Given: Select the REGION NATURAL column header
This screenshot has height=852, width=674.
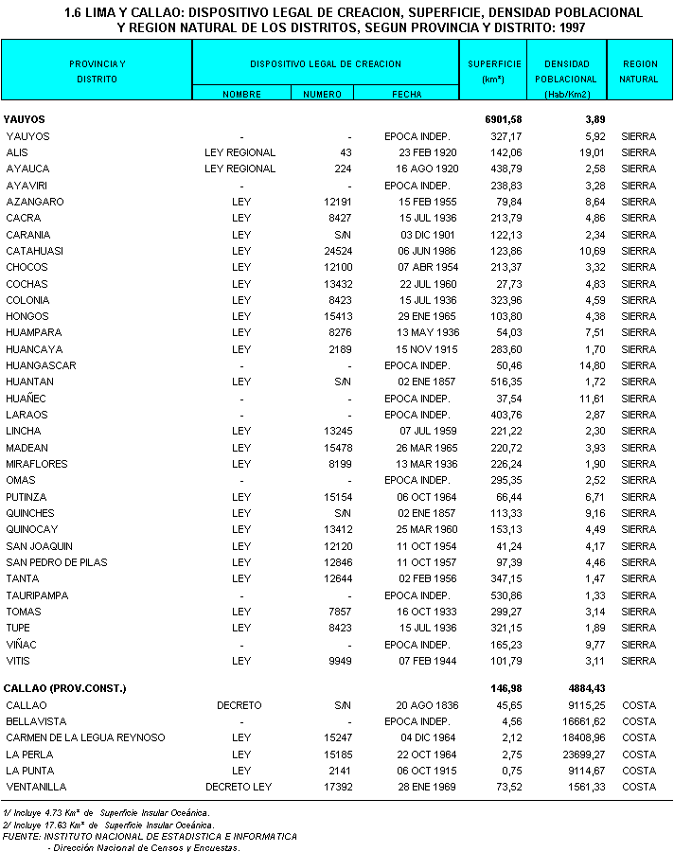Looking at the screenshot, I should pyautogui.click(x=639, y=71).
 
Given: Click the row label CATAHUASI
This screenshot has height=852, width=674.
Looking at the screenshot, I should pyautogui.click(x=34, y=251).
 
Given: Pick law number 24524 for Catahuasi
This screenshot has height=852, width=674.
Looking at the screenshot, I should pyautogui.click(x=336, y=251).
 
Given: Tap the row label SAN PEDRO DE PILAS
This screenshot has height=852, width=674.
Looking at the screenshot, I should pyautogui.click(x=57, y=562).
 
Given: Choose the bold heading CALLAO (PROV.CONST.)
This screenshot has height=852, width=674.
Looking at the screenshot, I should pyautogui.click(x=65, y=687).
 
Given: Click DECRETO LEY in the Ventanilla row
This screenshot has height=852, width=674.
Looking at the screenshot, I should pyautogui.click(x=239, y=787).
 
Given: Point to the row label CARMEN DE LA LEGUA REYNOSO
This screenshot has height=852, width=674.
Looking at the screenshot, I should pyautogui.click(x=85, y=737).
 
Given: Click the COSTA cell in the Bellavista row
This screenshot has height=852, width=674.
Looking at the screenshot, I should pyautogui.click(x=639, y=721).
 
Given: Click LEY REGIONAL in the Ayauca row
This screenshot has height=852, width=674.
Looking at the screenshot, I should pyautogui.click(x=239, y=169).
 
